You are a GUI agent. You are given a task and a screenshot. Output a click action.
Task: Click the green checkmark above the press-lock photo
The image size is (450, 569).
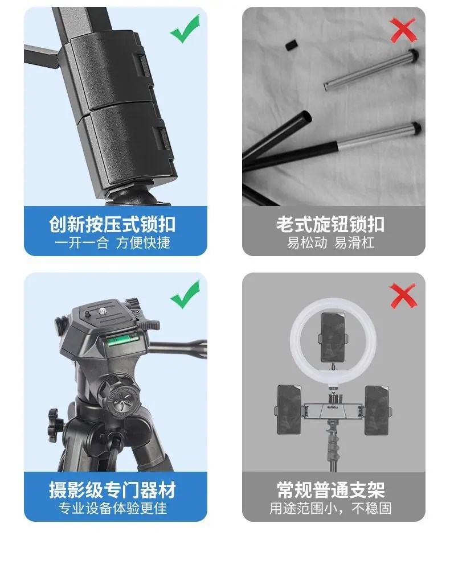click(x=185, y=30)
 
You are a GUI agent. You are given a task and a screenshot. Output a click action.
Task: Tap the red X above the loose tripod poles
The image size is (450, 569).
click(x=403, y=31)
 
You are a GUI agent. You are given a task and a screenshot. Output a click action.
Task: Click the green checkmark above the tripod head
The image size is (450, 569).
click(x=185, y=295)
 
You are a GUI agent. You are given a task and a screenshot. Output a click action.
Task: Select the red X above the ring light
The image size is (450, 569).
click(x=403, y=296)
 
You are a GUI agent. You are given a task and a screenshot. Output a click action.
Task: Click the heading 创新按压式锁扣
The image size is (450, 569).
click(x=112, y=224)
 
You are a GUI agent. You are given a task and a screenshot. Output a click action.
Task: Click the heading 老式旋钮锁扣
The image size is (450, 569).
click(x=330, y=224)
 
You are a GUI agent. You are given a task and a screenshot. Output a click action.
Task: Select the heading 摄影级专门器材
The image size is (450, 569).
click(x=112, y=490)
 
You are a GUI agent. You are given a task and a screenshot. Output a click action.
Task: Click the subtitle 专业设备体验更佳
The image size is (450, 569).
click(x=113, y=508)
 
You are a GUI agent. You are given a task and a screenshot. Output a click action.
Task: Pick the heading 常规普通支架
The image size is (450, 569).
click(x=330, y=490)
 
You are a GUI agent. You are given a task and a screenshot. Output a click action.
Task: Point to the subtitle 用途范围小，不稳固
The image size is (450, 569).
click(x=330, y=508)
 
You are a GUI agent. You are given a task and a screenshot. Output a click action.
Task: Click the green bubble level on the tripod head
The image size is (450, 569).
click(x=122, y=340)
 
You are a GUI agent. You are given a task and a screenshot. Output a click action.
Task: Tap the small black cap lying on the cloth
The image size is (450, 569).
click(x=291, y=46)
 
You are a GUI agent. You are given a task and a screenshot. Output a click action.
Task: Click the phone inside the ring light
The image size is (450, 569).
click(x=333, y=337)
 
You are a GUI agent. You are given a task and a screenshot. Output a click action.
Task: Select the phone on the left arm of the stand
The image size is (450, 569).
click(x=289, y=410)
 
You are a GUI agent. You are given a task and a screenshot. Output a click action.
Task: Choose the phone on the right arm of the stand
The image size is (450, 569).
click(x=377, y=410)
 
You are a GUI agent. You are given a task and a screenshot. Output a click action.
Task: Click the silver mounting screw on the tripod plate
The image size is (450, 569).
click(x=103, y=310)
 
